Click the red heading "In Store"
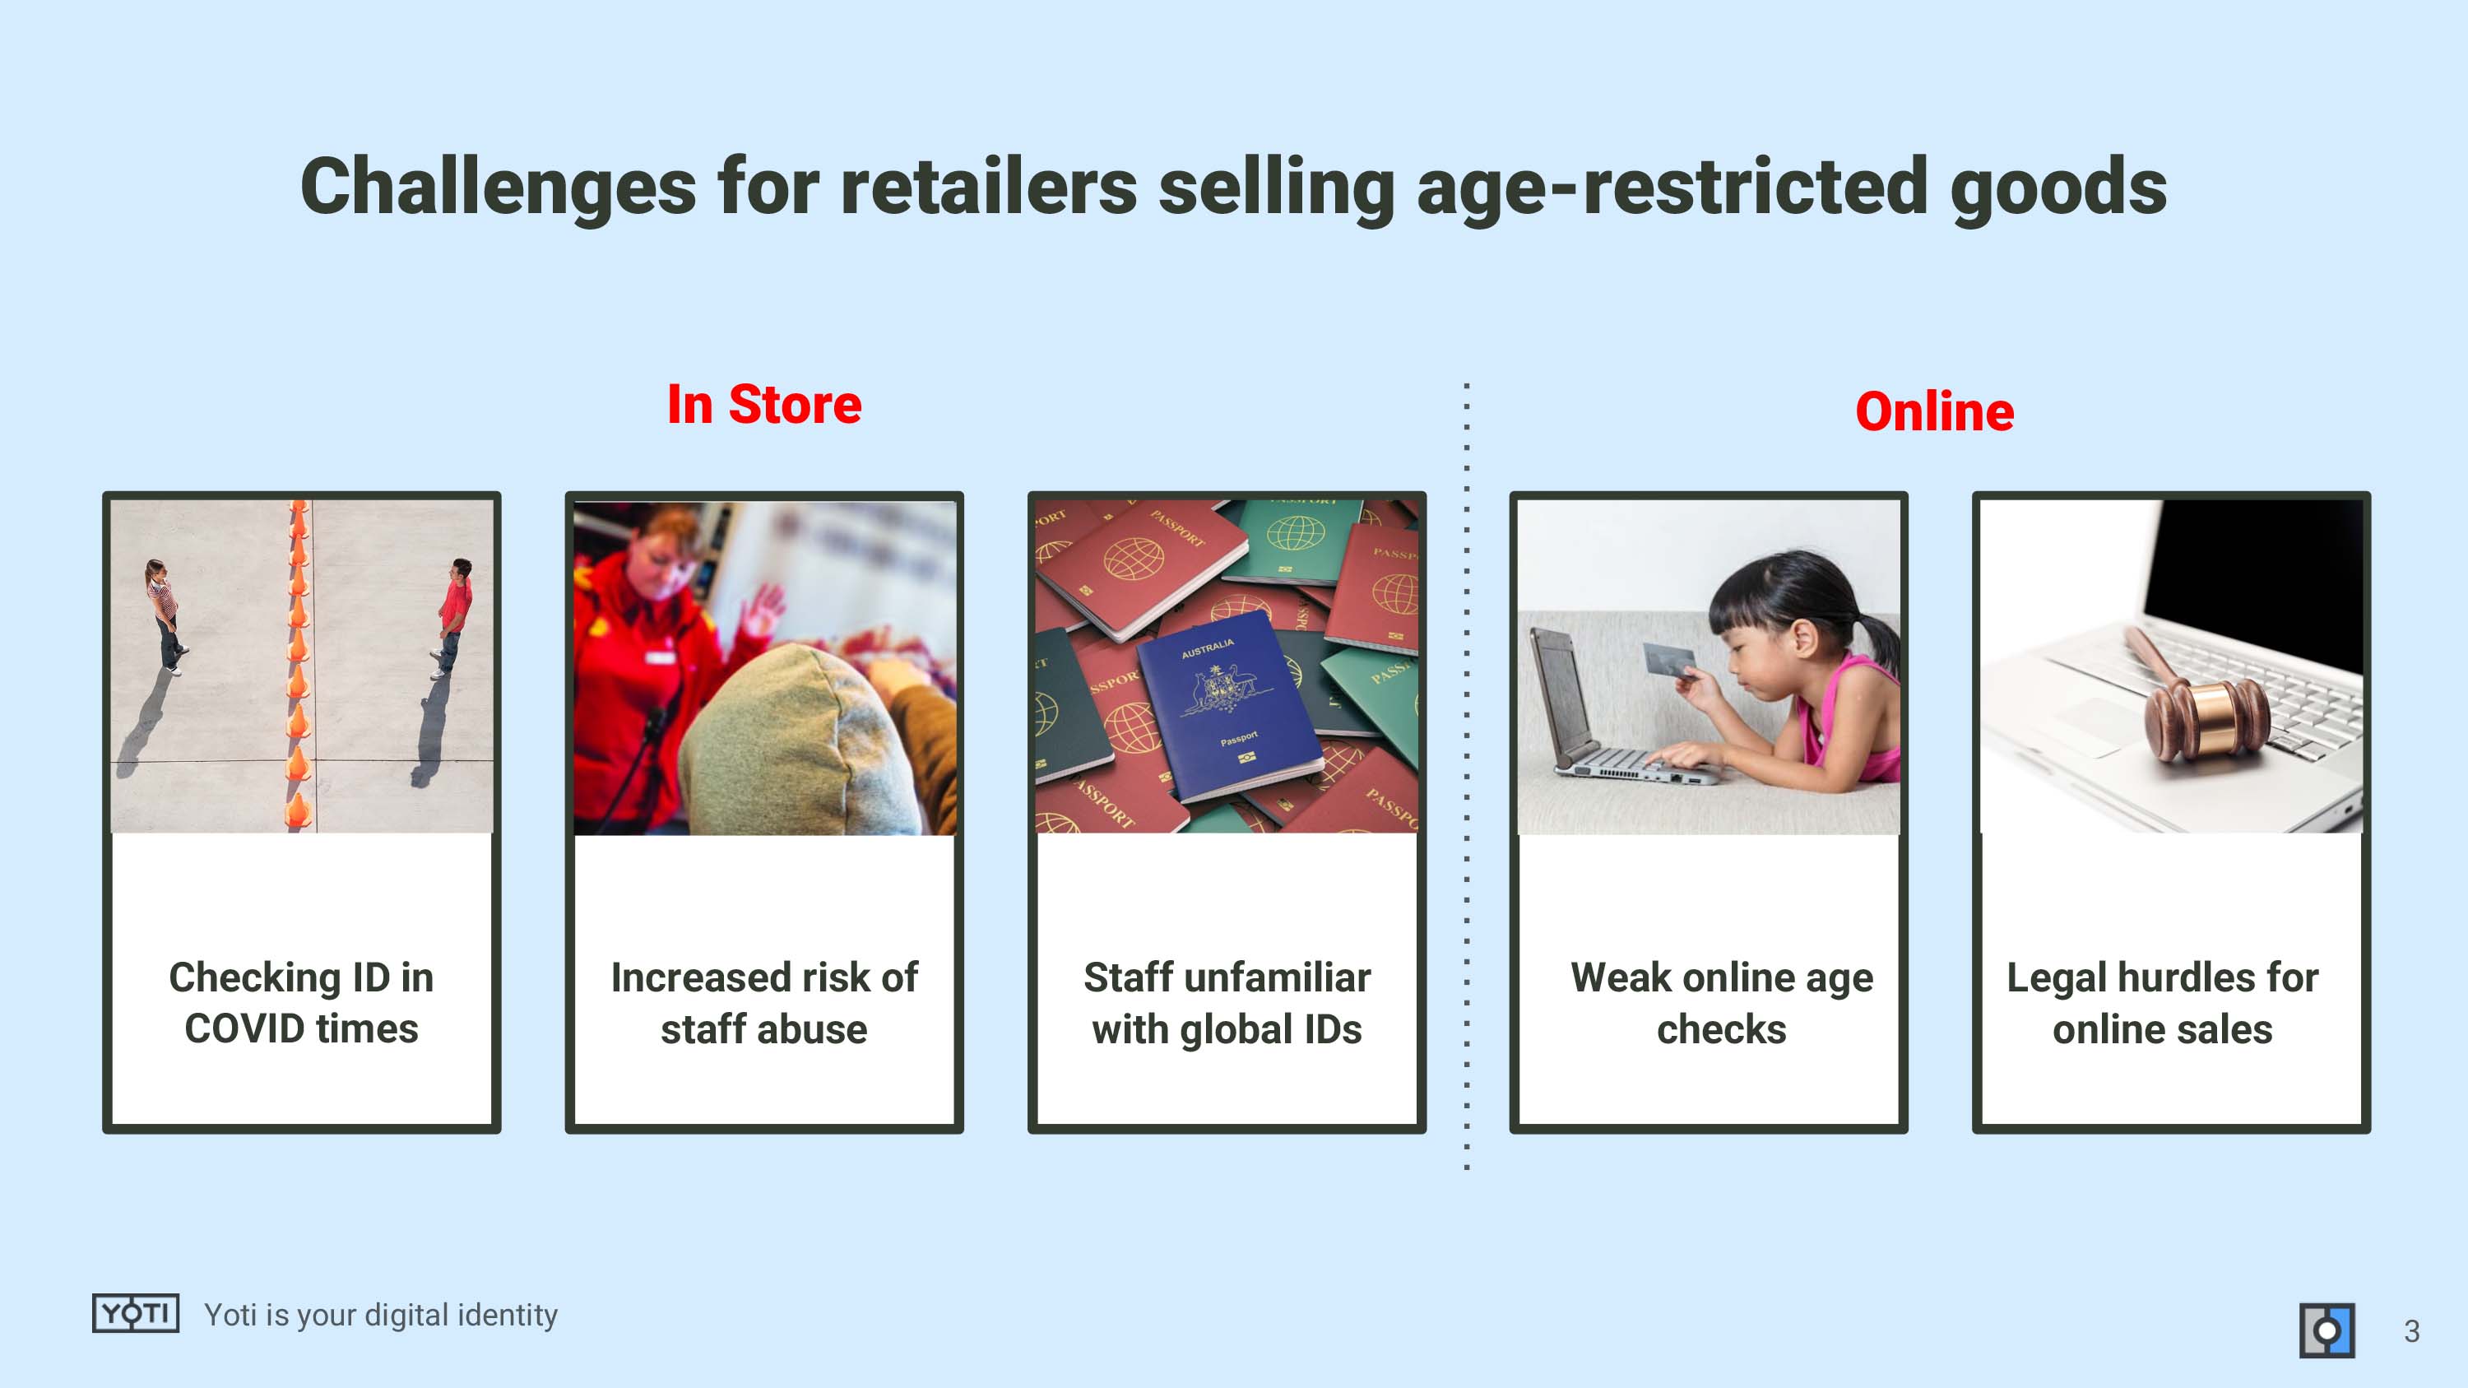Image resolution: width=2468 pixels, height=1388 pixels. [x=764, y=404]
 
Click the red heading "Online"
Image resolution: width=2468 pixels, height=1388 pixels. [x=1934, y=412]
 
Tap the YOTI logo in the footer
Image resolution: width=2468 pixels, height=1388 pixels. [x=135, y=1312]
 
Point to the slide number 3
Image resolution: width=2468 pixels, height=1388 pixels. [x=2411, y=1331]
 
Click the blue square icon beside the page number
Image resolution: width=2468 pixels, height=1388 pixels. [x=2327, y=1330]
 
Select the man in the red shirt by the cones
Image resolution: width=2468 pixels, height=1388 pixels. [x=453, y=617]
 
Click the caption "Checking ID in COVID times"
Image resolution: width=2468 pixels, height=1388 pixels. [x=302, y=1003]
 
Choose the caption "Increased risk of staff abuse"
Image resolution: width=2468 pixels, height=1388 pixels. [x=764, y=1003]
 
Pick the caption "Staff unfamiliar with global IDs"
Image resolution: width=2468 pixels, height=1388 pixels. [x=1227, y=1003]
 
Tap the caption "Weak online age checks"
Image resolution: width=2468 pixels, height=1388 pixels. [x=1722, y=1003]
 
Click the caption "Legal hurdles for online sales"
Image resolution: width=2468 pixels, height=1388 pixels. [x=2162, y=1003]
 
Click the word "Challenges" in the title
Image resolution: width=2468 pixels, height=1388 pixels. [x=499, y=187]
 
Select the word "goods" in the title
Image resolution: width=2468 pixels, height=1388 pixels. [x=2059, y=187]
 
